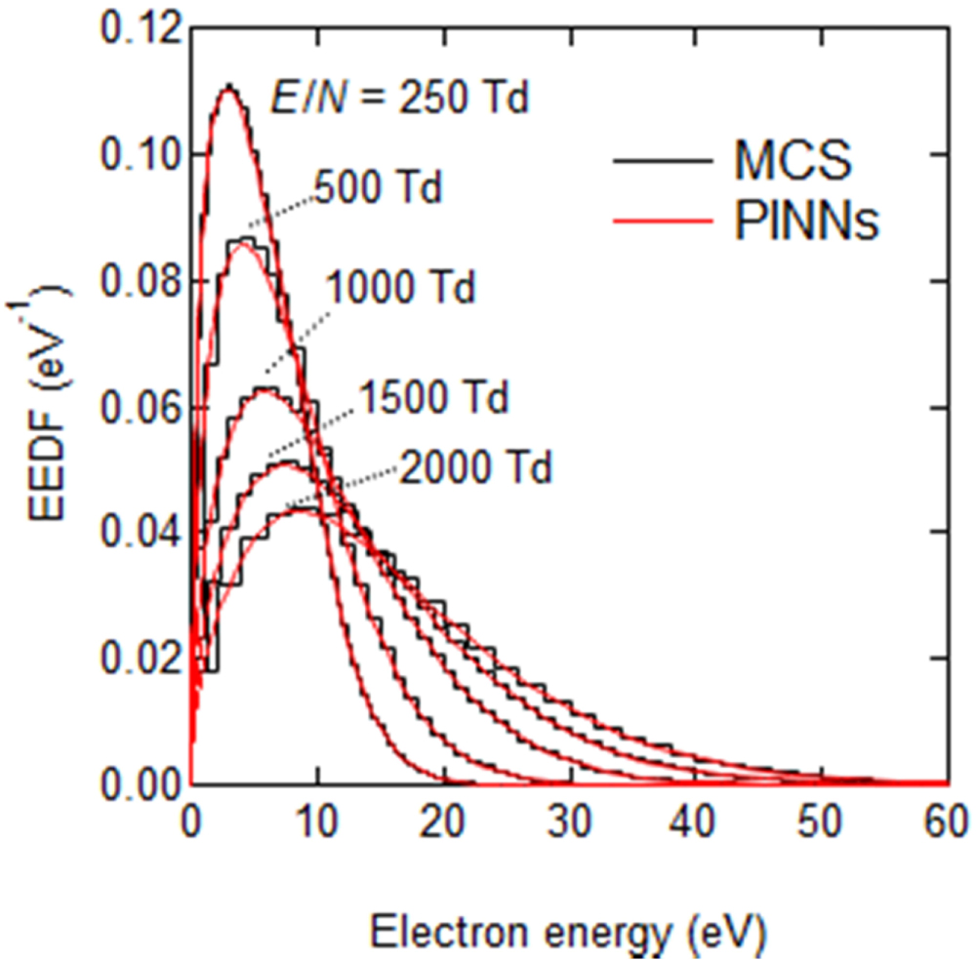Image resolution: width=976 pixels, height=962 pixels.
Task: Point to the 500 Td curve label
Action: [379, 186]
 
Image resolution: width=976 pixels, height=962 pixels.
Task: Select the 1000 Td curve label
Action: [399, 290]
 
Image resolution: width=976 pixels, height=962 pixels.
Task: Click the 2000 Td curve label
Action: [475, 468]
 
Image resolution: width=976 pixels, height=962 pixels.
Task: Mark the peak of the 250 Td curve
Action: [228, 88]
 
